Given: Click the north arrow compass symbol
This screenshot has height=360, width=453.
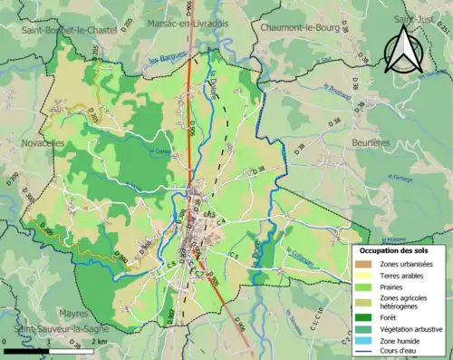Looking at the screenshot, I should click(401, 50).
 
